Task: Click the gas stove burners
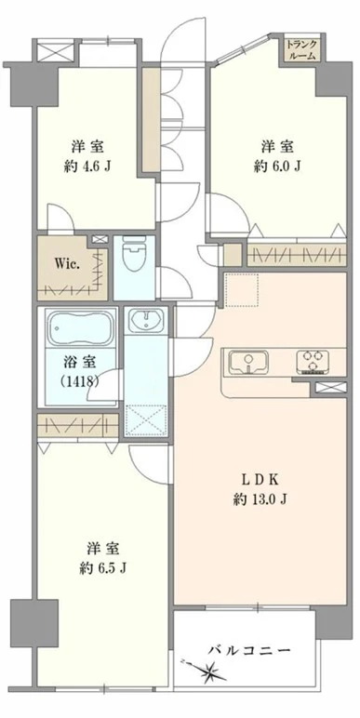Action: pyautogui.click(x=312, y=360)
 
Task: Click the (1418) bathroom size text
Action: pyautogui.click(x=78, y=381)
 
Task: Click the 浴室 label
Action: pyautogui.click(x=78, y=362)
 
